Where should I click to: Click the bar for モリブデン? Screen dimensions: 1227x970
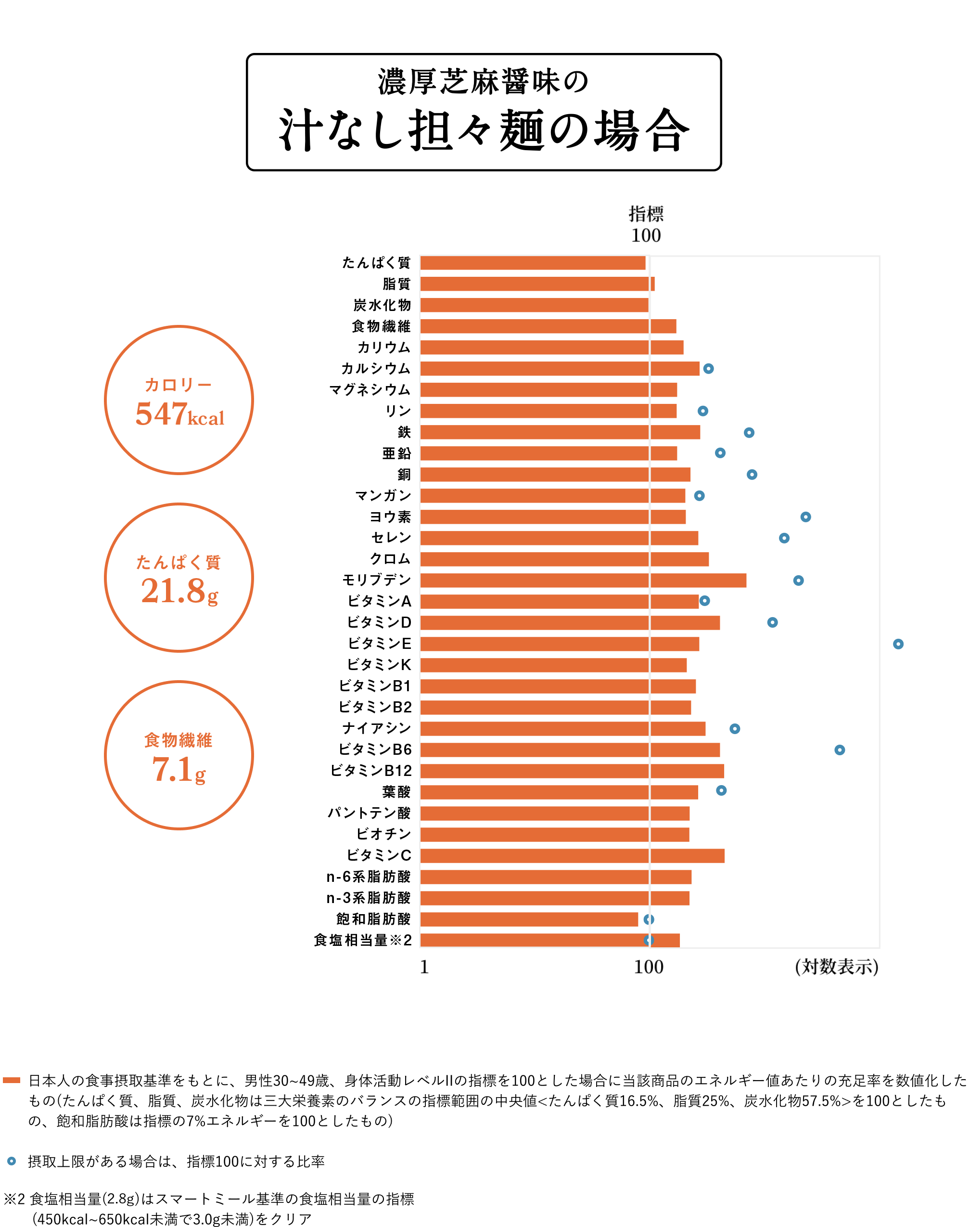click(x=583, y=580)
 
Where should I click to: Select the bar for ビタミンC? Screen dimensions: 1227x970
click(x=572, y=855)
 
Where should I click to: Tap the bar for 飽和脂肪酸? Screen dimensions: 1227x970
click(x=529, y=919)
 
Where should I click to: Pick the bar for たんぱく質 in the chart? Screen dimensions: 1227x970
click(x=533, y=263)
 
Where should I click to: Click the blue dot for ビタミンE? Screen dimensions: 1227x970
click(x=898, y=644)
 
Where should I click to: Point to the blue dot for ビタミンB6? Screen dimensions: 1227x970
click(x=840, y=750)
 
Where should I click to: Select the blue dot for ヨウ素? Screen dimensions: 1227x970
click(x=805, y=517)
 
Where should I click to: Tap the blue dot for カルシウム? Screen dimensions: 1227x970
click(x=708, y=369)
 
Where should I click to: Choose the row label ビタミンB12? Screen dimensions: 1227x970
click(x=371, y=771)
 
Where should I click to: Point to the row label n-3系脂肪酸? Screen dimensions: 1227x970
click(x=368, y=898)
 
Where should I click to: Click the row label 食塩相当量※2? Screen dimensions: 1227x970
click(x=362, y=941)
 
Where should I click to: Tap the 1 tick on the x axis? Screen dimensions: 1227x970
click(x=424, y=967)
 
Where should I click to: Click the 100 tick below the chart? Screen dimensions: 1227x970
click(x=649, y=967)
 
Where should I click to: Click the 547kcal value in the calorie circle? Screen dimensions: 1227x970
click(x=179, y=413)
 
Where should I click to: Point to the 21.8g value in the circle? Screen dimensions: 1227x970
click(x=179, y=591)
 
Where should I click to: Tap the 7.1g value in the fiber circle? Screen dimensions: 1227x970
click(x=179, y=770)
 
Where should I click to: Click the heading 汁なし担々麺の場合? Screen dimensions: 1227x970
click(x=484, y=130)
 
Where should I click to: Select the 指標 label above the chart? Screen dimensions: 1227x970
click(x=646, y=214)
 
